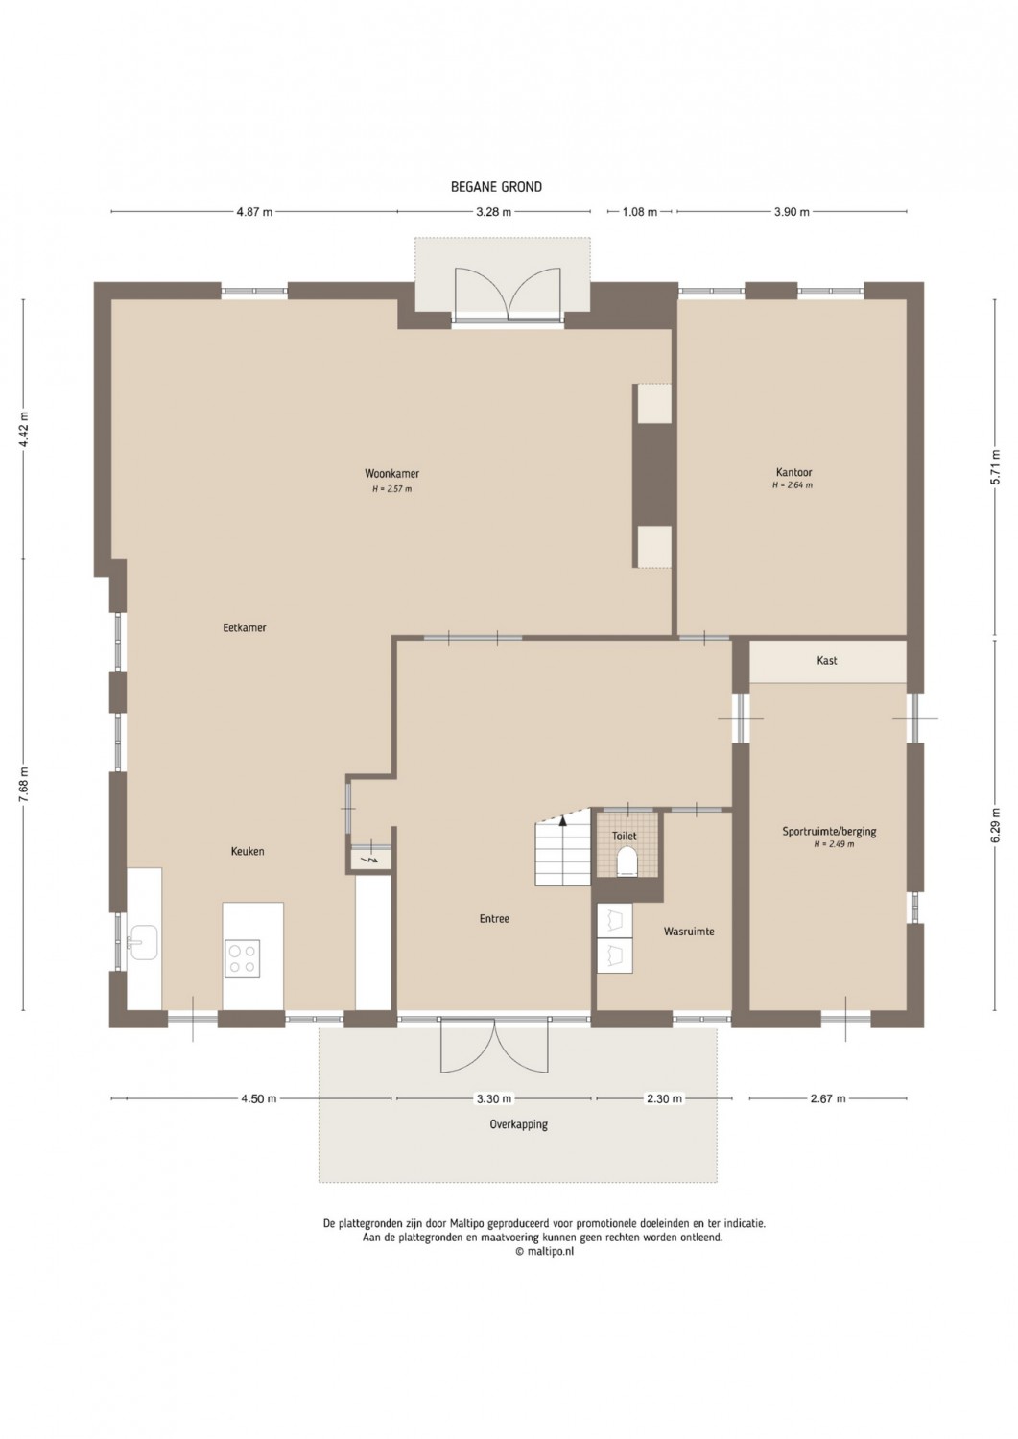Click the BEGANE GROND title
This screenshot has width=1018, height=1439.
496,187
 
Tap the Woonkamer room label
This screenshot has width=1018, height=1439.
392,474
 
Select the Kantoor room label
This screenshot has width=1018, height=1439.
793,472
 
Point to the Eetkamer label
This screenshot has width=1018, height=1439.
245,627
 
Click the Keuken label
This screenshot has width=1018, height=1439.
248,851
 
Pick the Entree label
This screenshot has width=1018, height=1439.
494,919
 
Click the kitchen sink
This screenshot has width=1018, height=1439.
143,942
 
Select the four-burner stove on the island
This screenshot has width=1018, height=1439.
243,958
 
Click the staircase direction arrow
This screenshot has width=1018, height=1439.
563,819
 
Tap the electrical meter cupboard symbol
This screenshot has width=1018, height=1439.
369,860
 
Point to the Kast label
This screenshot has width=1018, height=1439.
827,660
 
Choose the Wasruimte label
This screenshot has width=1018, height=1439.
689,931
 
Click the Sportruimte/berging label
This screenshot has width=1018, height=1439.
829,832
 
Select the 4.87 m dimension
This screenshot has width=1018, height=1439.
254,212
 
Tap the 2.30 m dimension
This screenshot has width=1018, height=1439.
664,1098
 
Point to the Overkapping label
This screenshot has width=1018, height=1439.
519,1125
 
